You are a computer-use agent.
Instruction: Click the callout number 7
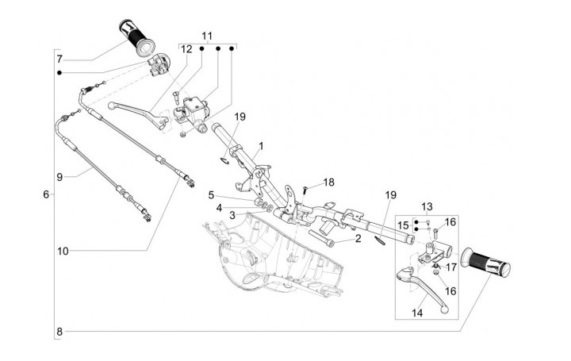[59, 59]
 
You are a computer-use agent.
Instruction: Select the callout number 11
[207, 36]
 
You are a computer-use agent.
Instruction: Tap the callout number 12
[187, 49]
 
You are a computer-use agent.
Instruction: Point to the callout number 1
[261, 146]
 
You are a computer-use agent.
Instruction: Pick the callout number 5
[211, 194]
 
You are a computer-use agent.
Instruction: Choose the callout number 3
[232, 215]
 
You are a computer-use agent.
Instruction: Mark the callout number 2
[358, 237]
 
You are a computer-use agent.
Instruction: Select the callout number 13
[427, 206]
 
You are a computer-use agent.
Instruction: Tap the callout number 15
[403, 225]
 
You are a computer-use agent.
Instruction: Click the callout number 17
[450, 267]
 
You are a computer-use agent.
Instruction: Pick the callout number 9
[59, 176]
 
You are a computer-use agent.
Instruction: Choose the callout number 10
[63, 252]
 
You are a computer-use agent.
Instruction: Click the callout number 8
[59, 330]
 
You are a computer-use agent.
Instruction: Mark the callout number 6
[46, 194]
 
